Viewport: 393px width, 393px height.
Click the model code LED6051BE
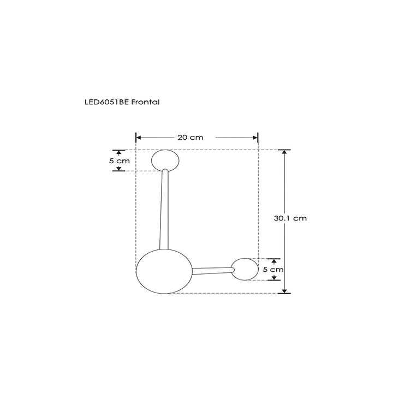coord(105,102)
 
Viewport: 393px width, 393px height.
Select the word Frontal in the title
coord(145,102)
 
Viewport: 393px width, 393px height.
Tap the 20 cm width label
coord(190,138)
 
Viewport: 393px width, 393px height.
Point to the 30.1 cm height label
coord(290,218)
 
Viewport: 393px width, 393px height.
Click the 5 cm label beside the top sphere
coord(120,161)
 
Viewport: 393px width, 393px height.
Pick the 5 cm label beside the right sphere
coord(273,269)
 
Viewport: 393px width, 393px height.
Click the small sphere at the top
coord(165,160)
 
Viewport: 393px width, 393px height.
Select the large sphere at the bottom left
coord(163,271)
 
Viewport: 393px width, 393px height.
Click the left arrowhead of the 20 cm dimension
coord(139,138)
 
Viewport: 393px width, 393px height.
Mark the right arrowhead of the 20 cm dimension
coord(255,138)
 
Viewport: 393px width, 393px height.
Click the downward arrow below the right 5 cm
coord(273,277)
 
